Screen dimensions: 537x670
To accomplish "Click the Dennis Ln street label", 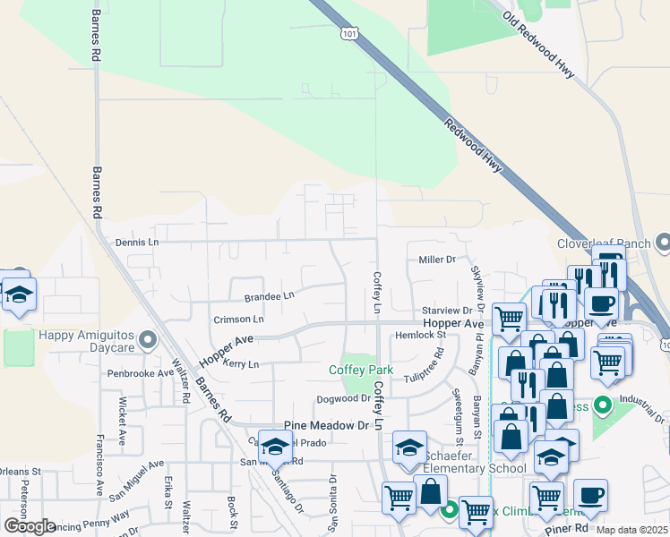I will [x=137, y=242].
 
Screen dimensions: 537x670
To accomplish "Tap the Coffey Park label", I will [x=361, y=370].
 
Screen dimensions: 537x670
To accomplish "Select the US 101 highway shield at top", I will [x=348, y=33].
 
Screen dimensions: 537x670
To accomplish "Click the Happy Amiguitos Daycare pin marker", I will [x=150, y=339].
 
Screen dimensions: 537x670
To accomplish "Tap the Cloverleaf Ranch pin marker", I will [x=663, y=243].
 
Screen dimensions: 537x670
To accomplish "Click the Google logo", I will [x=30, y=526].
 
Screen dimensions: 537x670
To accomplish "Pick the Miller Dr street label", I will [x=437, y=260].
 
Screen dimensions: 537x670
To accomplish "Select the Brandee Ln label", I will [x=269, y=295].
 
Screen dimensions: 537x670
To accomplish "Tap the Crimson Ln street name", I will [x=238, y=319].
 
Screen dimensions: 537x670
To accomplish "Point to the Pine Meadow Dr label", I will [x=327, y=426].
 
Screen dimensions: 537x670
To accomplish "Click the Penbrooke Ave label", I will [x=141, y=372].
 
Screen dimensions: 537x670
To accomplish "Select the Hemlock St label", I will [x=426, y=335].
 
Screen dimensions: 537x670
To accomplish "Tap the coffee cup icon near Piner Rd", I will [x=590, y=495].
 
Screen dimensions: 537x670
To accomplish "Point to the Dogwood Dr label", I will [x=342, y=399].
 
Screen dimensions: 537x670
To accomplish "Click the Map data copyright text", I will [x=632, y=530].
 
